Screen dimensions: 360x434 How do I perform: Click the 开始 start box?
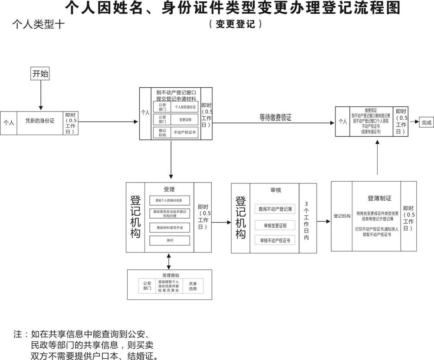(x=40, y=73)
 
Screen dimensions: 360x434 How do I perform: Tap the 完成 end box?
(x=427, y=123)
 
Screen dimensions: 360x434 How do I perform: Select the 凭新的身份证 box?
(x=40, y=121)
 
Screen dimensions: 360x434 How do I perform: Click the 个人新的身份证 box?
(x=185, y=107)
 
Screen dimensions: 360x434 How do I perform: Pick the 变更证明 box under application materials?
(x=185, y=119)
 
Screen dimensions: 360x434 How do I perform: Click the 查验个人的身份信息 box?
(x=171, y=200)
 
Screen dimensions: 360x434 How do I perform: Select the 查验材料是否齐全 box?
(x=171, y=227)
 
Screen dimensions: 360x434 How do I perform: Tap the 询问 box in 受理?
(x=171, y=240)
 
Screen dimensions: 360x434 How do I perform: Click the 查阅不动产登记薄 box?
(x=275, y=209)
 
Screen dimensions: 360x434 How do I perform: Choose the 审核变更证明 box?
(x=275, y=225)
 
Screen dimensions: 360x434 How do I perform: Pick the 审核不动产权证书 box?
(x=275, y=240)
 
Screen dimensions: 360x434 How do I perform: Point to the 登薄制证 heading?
(x=379, y=198)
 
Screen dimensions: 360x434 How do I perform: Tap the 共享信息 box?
(x=193, y=286)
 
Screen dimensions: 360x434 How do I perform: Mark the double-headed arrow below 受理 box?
(x=169, y=261)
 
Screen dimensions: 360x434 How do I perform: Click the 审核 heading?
(x=276, y=190)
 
